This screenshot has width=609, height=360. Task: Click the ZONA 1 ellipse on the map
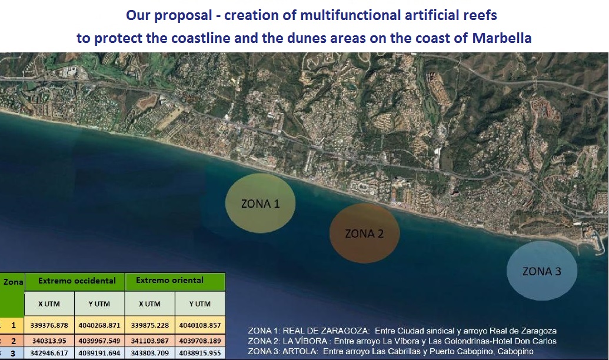click(x=260, y=203)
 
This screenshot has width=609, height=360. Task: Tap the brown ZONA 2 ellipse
click(x=364, y=233)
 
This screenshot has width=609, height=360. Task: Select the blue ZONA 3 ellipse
click(x=542, y=271)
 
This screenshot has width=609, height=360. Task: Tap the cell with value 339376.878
click(x=49, y=325)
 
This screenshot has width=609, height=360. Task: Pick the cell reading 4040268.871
click(x=99, y=325)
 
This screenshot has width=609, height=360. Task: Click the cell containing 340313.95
click(x=49, y=341)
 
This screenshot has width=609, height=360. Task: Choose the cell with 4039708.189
click(x=200, y=341)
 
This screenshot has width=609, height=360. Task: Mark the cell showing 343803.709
click(x=150, y=353)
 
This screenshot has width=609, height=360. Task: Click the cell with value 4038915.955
click(x=200, y=353)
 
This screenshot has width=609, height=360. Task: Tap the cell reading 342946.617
click(x=49, y=353)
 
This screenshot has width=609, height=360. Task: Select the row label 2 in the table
click(x=13, y=341)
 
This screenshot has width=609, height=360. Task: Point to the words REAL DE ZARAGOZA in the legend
click(x=325, y=331)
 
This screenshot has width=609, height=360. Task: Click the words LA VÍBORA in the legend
click(x=305, y=341)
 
